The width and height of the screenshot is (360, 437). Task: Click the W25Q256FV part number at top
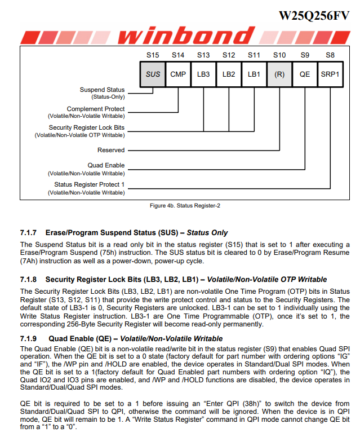tap(314, 15)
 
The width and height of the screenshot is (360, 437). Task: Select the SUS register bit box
tap(153, 74)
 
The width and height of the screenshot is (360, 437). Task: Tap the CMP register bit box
tap(178, 74)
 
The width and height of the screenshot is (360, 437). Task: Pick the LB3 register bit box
tap(203, 74)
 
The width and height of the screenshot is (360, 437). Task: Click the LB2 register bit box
tap(229, 74)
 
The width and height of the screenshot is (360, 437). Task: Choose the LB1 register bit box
tap(254, 74)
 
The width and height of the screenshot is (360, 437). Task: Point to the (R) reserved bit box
tap(279, 74)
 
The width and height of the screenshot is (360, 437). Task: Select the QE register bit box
tap(305, 74)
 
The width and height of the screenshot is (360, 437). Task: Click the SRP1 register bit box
tap(330, 74)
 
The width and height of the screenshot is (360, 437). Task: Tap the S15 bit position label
tap(153, 55)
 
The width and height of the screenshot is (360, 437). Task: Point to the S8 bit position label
tap(330, 55)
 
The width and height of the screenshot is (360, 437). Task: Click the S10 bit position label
tap(279, 55)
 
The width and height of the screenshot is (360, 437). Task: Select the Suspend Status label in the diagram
tap(102, 90)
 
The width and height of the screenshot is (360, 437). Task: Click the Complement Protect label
tap(96, 109)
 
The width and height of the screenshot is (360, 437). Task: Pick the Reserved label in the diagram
tap(111, 151)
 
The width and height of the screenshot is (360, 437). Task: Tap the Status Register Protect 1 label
tap(90, 184)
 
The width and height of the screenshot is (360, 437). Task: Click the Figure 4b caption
tap(185, 206)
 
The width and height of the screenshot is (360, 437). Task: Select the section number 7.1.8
tap(28, 279)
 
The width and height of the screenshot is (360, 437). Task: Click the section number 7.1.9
tap(28, 338)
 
